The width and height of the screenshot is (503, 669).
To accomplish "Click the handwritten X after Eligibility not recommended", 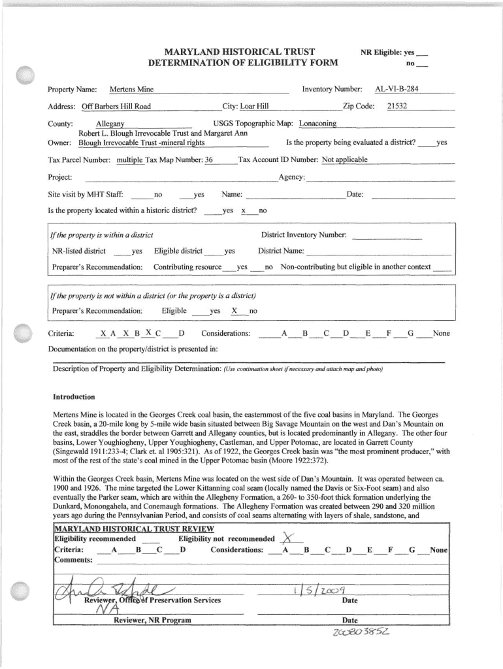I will coord(285,537).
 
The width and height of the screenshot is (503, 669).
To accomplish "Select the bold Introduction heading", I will coord(74,397).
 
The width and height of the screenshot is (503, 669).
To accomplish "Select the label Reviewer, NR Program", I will coord(152,620).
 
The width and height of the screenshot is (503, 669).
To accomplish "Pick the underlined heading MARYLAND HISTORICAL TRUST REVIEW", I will coord(133,529).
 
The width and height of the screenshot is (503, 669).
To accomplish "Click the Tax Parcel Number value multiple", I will coord(129,159).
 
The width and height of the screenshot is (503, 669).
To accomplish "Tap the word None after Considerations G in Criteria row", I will coord(441,333).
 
